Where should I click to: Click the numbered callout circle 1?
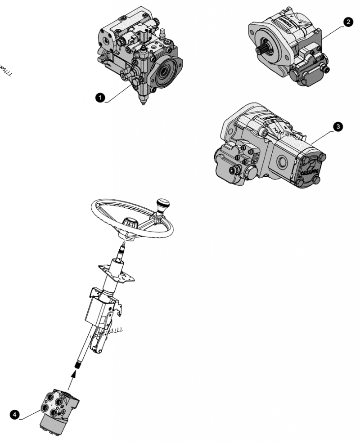click(x=100, y=97)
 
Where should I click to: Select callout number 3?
click(x=337, y=127)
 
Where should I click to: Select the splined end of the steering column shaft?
click(x=80, y=362)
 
